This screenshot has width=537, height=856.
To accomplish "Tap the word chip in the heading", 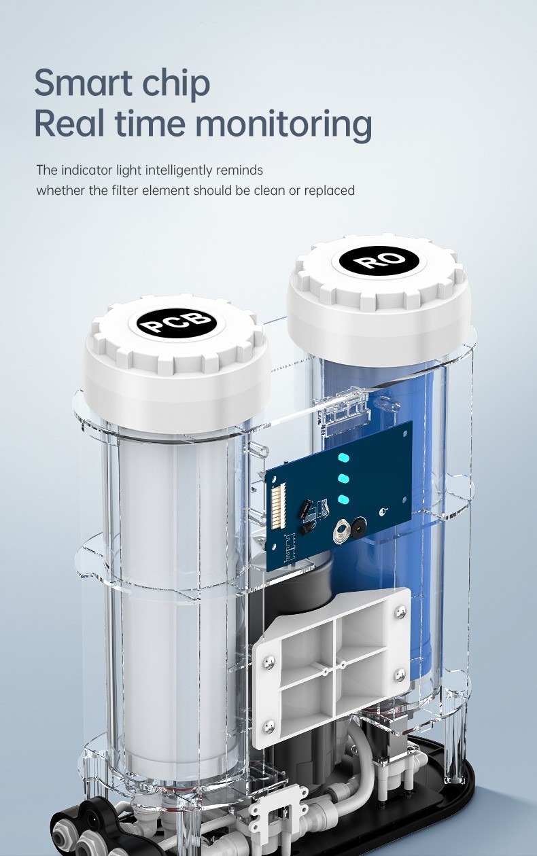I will point(175,84).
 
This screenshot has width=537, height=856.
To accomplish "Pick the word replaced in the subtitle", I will point(330,190).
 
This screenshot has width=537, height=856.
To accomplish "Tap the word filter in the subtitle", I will point(125,190).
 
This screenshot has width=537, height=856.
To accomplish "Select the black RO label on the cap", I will point(378,259).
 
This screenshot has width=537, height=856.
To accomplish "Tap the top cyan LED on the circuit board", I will point(343,457).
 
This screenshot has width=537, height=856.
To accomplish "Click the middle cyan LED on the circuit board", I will point(344,478).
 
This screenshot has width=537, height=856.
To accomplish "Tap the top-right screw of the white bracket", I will point(399,611).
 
